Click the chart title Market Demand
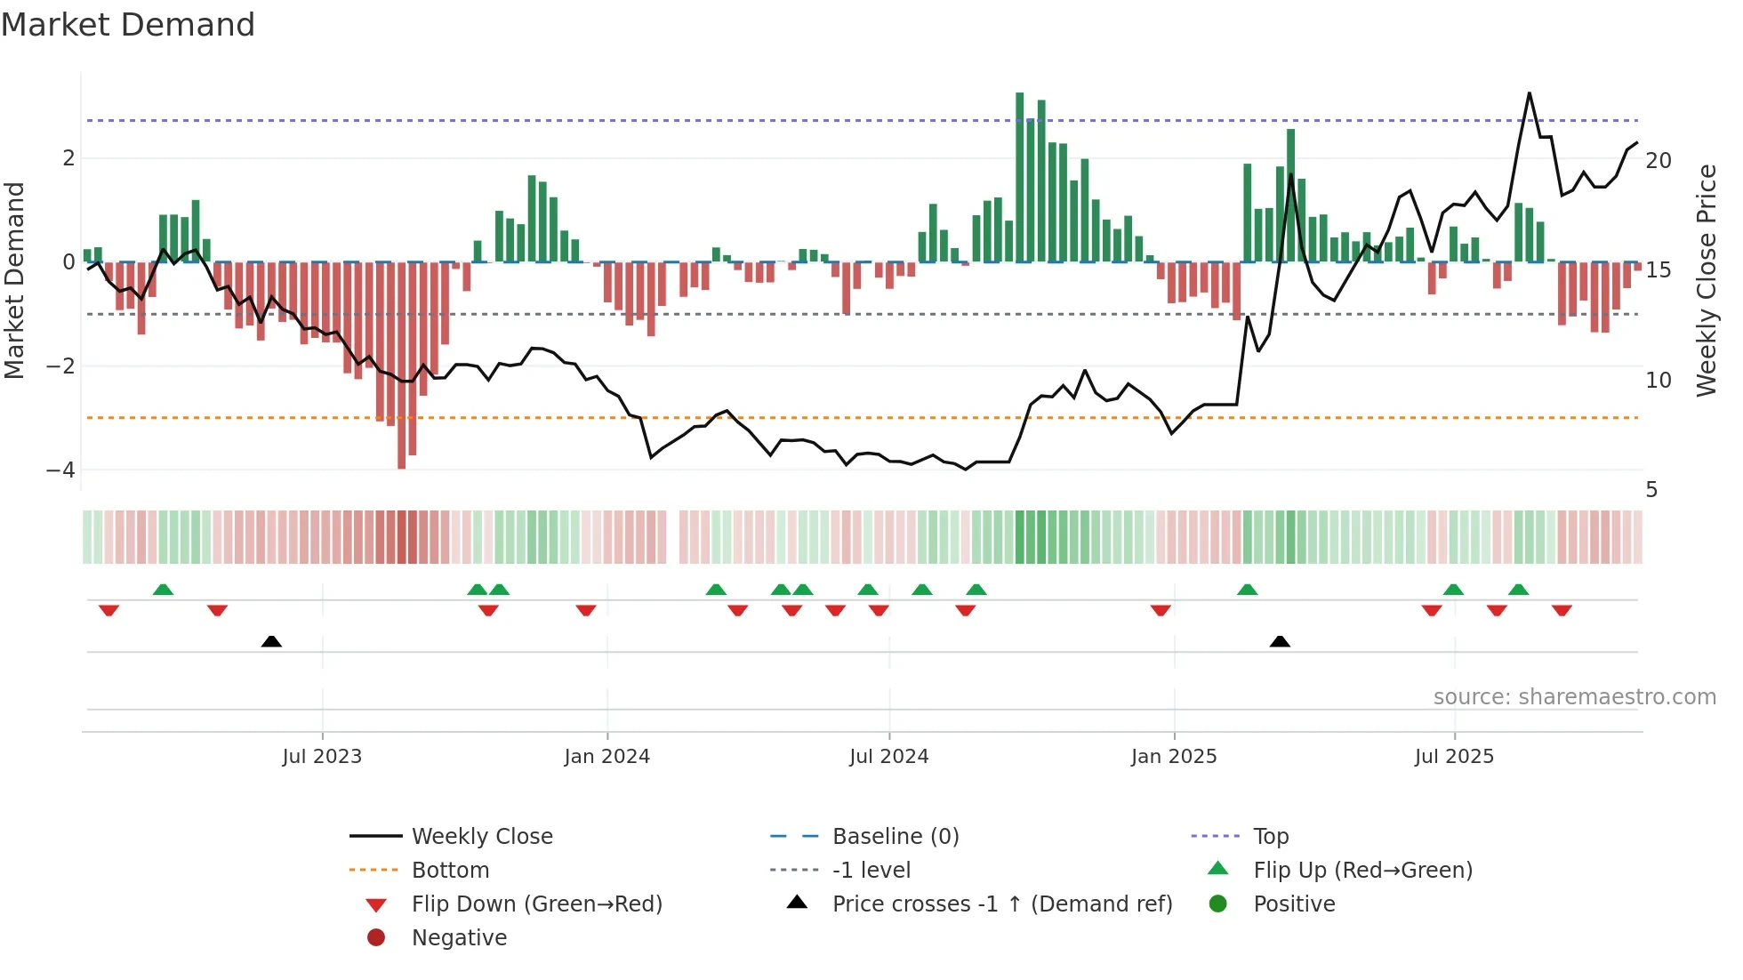(128, 25)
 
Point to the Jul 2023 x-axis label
(322, 757)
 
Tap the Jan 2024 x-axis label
(607, 757)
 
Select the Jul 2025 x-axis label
(1454, 757)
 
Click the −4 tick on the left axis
(60, 470)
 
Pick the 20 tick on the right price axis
(1659, 161)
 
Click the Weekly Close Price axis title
(1706, 280)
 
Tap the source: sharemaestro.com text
(1574, 697)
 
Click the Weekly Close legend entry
(481, 837)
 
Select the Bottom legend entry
(450, 871)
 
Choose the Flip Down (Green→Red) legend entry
(536, 904)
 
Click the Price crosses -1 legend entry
(1001, 904)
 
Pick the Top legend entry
(1271, 837)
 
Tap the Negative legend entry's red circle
(376, 938)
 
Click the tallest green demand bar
(1020, 178)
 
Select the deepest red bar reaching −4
(402, 365)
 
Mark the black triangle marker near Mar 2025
(1280, 641)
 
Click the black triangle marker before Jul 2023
(271, 641)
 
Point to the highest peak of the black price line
(1530, 93)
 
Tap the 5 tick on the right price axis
(1651, 490)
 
